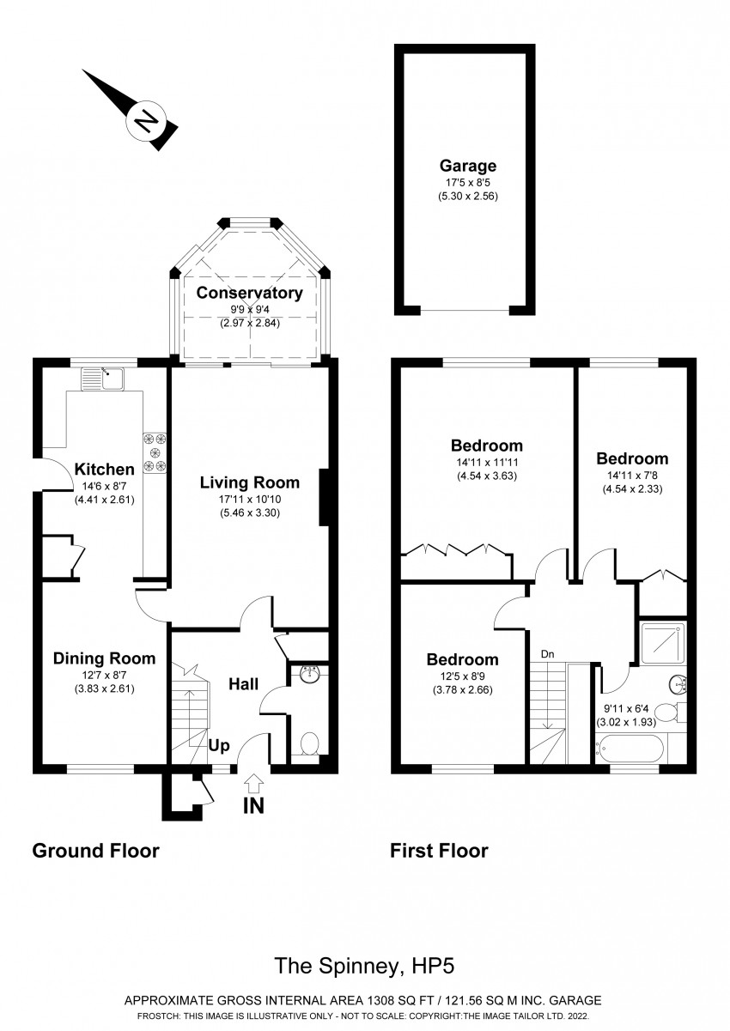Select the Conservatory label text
point(249,293)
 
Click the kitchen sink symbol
point(103,377)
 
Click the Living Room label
point(250,482)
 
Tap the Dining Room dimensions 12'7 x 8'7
point(104,675)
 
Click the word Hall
point(244,684)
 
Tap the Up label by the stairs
point(220,746)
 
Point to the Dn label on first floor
point(547,654)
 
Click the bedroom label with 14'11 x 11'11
point(487,446)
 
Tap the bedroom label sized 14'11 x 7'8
point(632,458)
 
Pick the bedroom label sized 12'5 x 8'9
point(463,659)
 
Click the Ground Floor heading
point(95,851)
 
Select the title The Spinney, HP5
point(363,967)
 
